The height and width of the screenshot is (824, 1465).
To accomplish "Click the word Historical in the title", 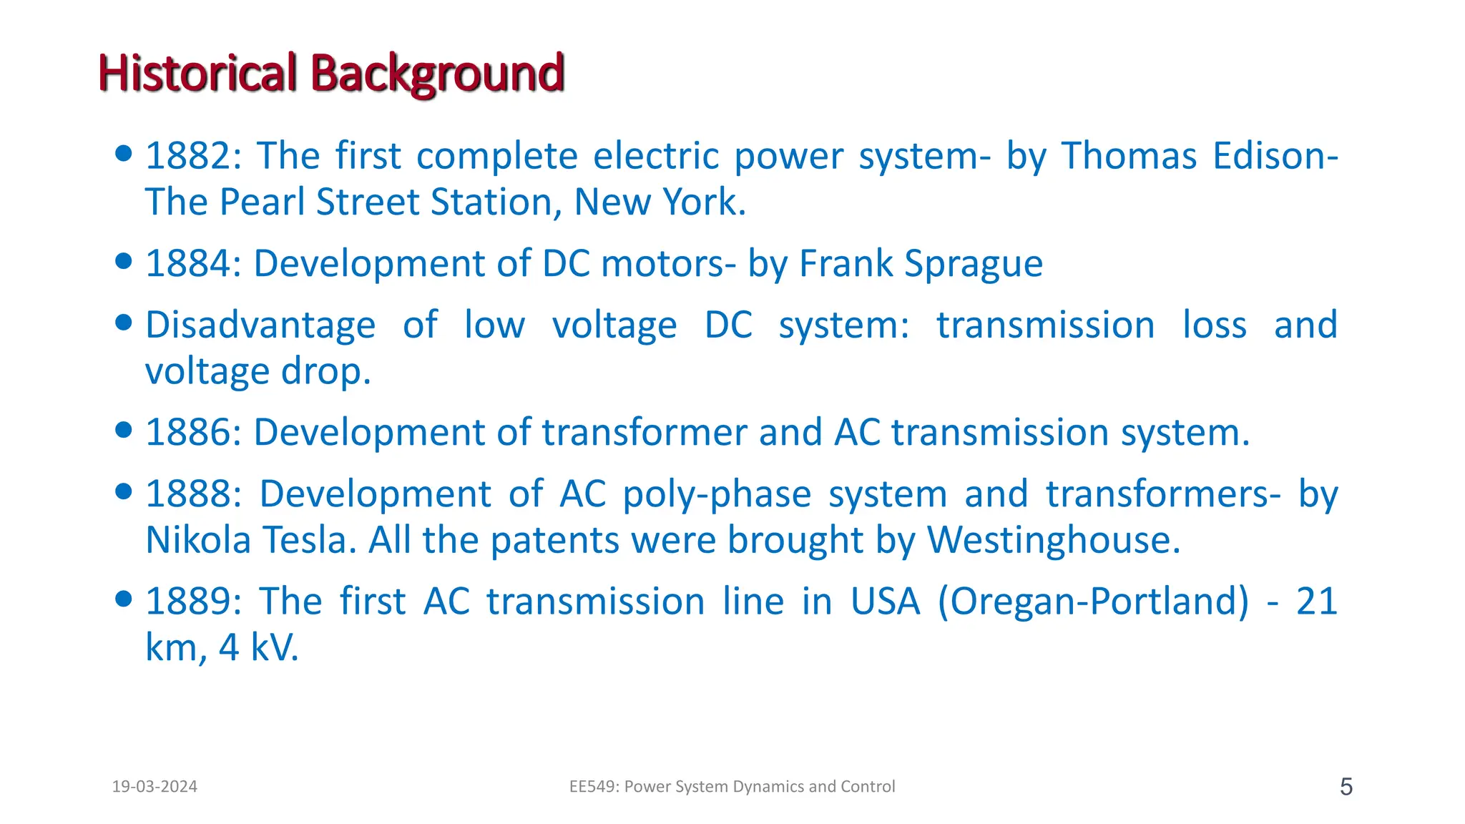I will (197, 73).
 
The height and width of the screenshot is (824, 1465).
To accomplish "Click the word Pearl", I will (263, 202).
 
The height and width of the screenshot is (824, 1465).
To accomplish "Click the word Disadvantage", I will (260, 325).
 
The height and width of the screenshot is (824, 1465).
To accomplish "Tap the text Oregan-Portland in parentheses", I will (1093, 602).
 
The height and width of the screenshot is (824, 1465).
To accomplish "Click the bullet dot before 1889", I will (124, 598).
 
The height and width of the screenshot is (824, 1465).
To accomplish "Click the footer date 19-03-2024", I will (155, 787).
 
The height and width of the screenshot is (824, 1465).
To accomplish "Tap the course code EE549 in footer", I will (592, 787).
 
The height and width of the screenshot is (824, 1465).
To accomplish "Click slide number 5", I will (1346, 788).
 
